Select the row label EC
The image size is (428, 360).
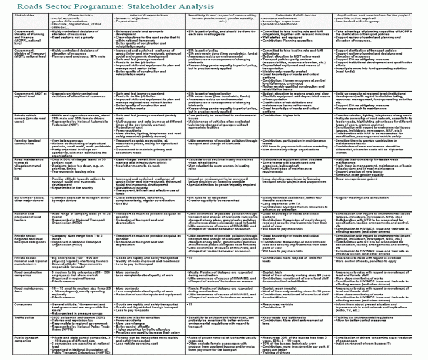pos(5,193)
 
